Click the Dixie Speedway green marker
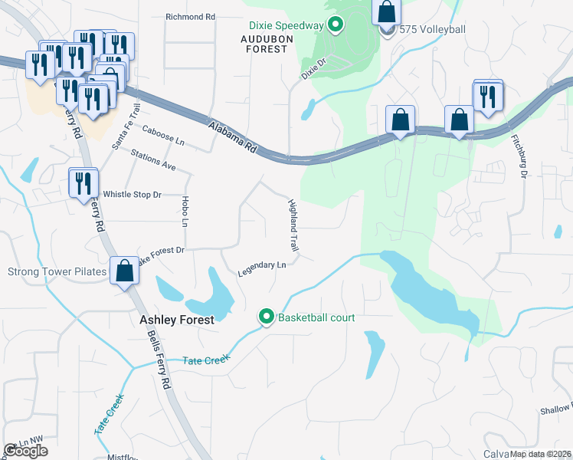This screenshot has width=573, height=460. click(335, 26)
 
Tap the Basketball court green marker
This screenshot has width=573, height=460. click(267, 317)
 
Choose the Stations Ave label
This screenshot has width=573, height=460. click(152, 159)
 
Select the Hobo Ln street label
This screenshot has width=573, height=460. click(185, 212)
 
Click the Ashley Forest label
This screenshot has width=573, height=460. click(175, 320)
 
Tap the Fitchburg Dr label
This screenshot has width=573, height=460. click(519, 157)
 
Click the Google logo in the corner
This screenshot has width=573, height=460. click(25, 451)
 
